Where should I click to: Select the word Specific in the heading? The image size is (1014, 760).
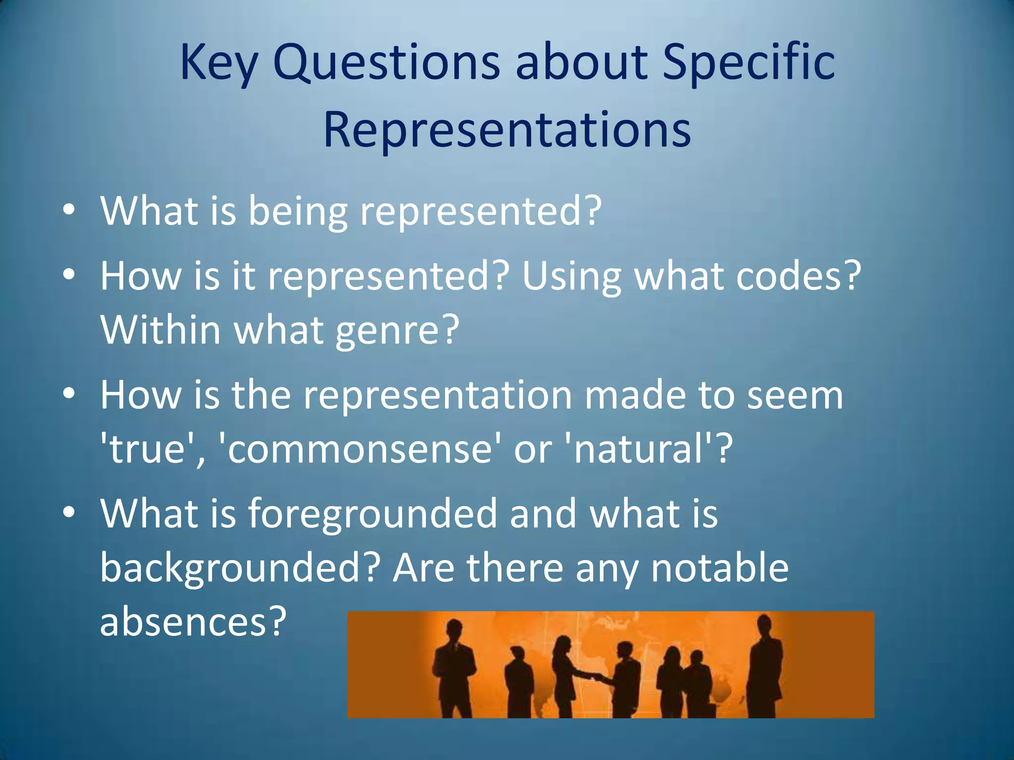[749, 63]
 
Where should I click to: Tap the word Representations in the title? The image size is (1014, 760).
[507, 130]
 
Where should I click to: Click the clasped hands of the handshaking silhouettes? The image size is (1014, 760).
[597, 676]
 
